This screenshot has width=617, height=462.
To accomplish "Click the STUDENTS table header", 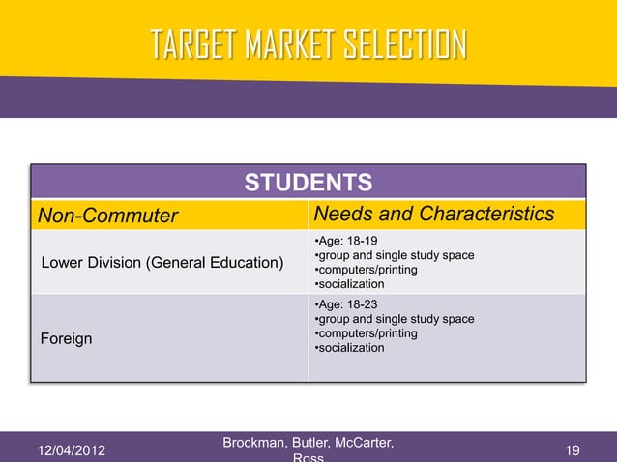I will (308, 183).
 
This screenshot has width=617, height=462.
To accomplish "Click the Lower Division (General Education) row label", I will (162, 263).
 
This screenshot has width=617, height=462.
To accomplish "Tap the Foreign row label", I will (66, 339).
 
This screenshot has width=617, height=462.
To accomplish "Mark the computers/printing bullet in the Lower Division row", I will (366, 270).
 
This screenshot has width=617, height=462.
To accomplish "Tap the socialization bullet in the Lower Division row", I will (349, 284).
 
